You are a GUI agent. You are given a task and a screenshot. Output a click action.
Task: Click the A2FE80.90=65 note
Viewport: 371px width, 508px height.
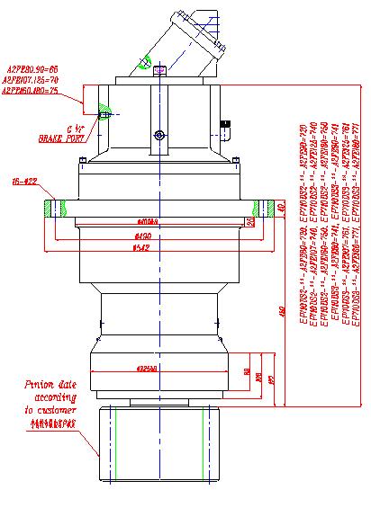(32, 68)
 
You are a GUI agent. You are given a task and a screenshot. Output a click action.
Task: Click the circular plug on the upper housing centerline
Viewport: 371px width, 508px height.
(159, 136)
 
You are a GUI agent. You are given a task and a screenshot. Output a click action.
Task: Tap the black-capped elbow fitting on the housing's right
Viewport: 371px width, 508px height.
(226, 129)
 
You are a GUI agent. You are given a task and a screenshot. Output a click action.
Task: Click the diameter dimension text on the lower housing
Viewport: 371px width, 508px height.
(148, 369)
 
